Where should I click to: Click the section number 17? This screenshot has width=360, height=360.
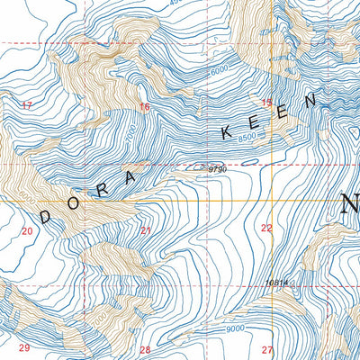26,106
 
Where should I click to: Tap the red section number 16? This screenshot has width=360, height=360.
144,107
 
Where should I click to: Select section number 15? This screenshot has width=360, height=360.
265,103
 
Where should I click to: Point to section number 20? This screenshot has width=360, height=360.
26,231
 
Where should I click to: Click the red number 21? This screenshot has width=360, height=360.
146,230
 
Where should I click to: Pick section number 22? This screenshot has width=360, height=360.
266,229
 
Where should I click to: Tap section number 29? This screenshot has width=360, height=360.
24,348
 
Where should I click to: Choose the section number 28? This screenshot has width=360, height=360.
145,349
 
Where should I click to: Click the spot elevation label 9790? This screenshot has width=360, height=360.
216,168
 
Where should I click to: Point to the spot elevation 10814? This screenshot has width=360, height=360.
276,283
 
